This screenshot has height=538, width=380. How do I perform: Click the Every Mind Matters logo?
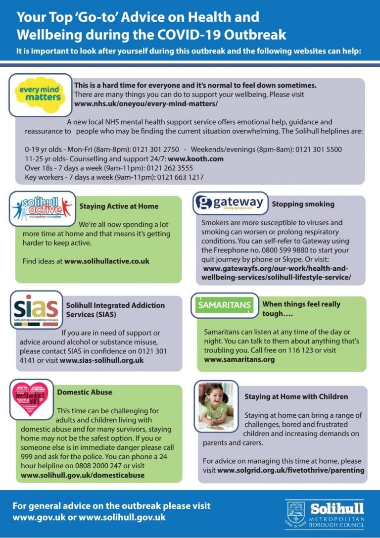(x=41, y=95)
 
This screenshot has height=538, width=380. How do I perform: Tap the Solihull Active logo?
(x=43, y=209)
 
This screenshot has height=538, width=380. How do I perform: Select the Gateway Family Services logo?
(x=230, y=203)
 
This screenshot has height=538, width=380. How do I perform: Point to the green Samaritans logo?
(x=224, y=305)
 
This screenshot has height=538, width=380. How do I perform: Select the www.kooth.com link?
(x=195, y=159)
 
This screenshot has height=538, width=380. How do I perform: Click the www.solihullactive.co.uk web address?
(x=106, y=261)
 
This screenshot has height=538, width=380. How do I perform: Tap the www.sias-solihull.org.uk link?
(x=101, y=360)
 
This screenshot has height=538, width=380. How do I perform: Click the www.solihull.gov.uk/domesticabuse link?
(x=83, y=475)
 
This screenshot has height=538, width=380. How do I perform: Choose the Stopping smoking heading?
(x=303, y=203)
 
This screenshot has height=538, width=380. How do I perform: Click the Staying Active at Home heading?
(x=119, y=206)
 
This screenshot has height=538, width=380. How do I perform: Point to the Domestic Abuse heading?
(x=85, y=392)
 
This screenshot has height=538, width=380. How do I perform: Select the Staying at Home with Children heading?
(x=296, y=396)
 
